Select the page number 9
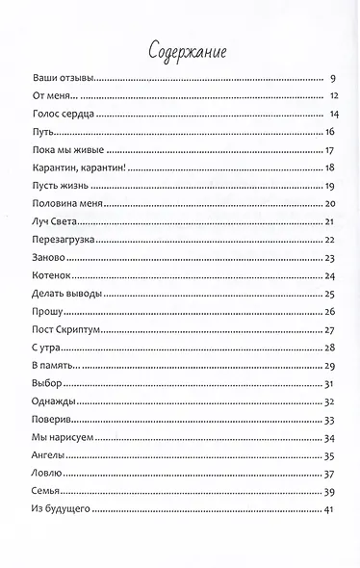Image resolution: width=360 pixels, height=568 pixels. (x=330, y=78)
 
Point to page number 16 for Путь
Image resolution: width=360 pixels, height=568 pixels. (x=328, y=132)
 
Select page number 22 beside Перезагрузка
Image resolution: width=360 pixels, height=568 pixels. (x=328, y=240)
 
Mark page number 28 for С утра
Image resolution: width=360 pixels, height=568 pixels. (x=328, y=348)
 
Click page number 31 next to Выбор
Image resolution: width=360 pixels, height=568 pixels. (x=328, y=383)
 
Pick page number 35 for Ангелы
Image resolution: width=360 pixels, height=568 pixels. (x=328, y=455)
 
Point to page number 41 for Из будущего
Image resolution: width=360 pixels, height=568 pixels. (x=328, y=509)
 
